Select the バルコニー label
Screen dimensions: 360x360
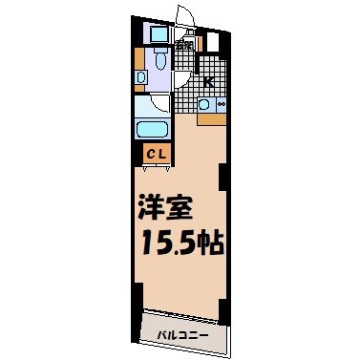(181, 335)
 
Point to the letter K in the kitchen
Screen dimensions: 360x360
(207, 82)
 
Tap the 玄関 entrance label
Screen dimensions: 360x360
(185, 45)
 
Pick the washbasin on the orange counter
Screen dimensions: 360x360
(140, 76)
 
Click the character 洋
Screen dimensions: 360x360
(151, 207)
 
